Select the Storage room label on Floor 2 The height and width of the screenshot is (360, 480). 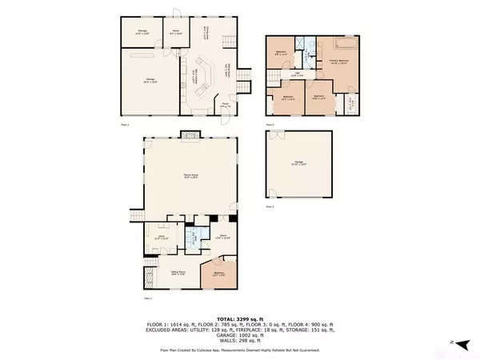pos(140,32)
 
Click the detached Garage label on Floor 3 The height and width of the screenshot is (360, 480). pos(298,163)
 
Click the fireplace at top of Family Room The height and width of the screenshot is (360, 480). pos(190,134)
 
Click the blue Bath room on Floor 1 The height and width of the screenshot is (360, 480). pos(192,238)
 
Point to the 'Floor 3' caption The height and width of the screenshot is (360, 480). pos(270,207)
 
